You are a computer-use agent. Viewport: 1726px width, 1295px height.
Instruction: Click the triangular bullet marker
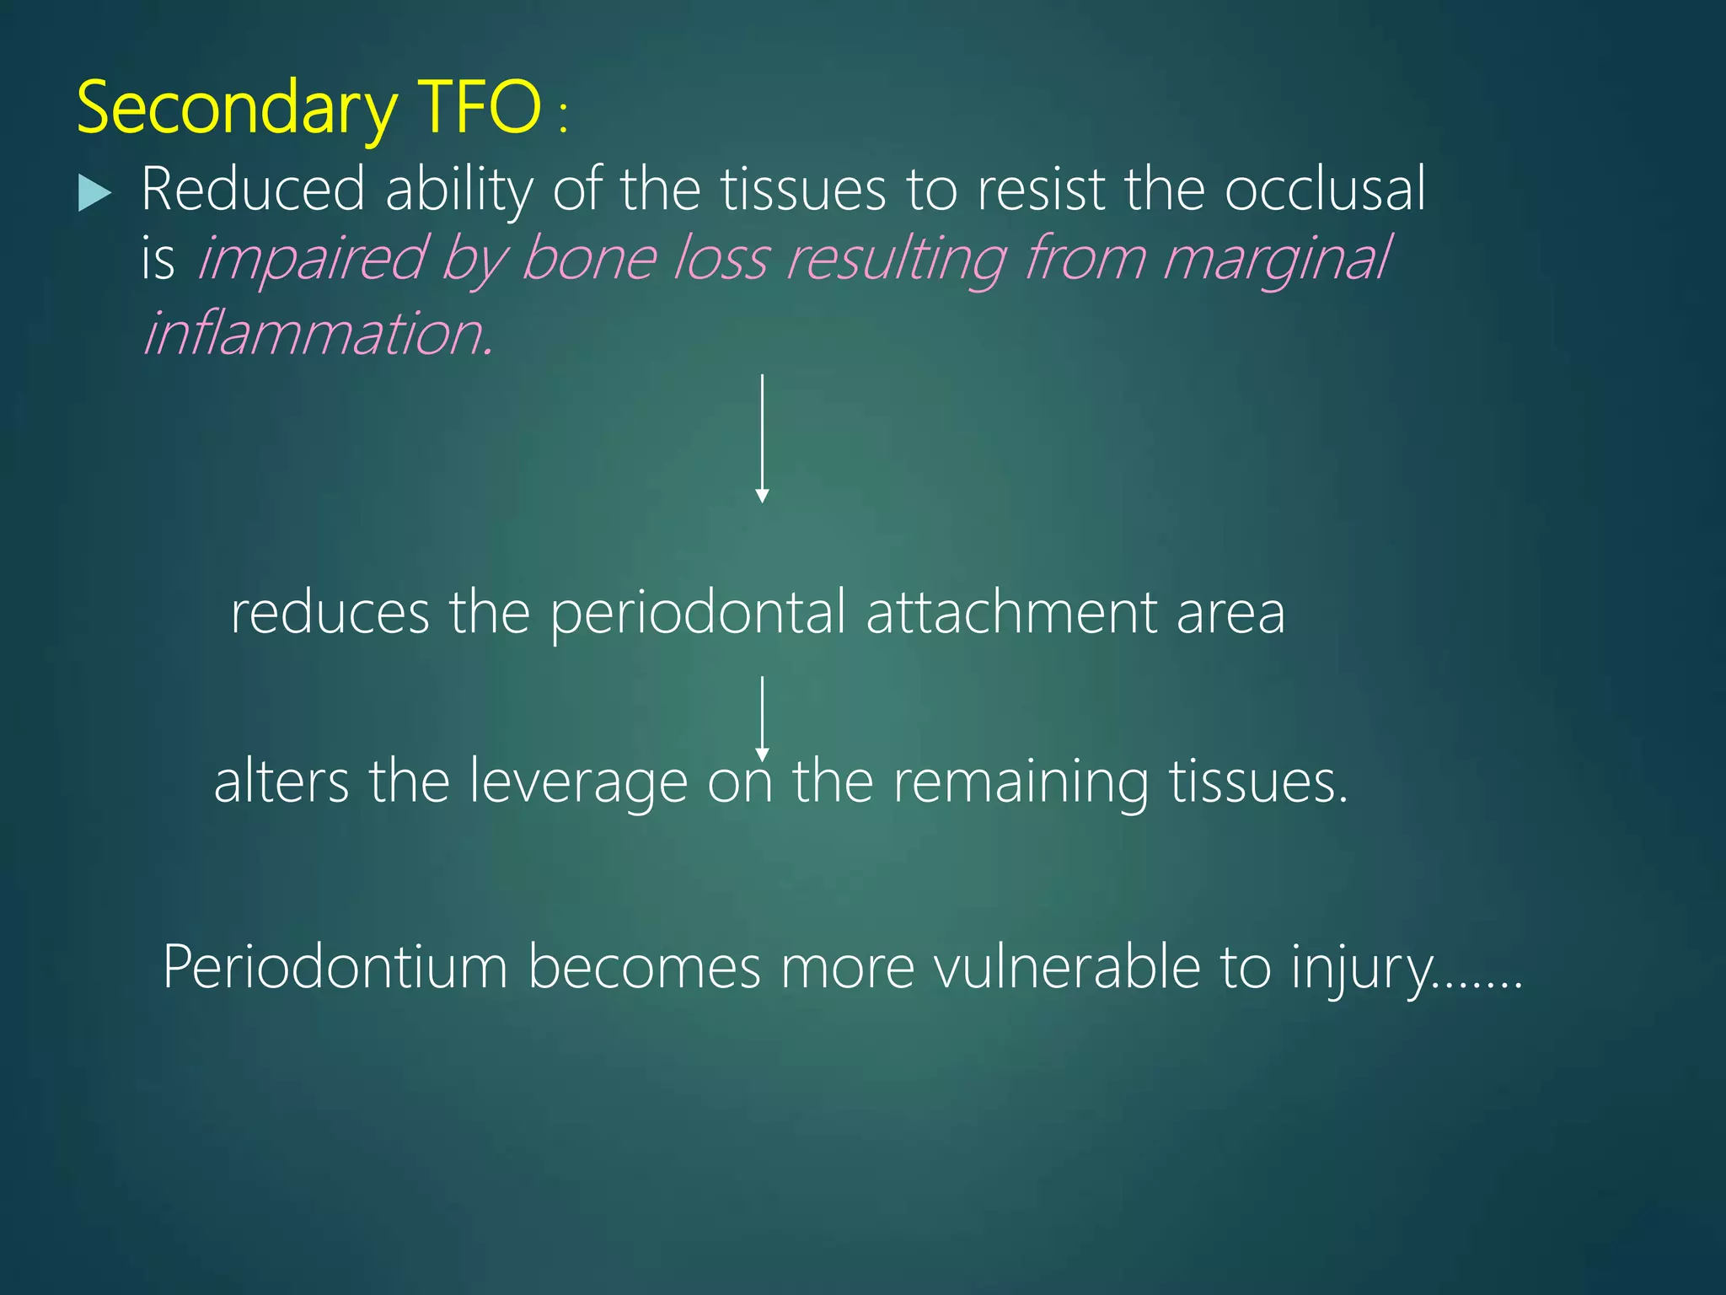94,193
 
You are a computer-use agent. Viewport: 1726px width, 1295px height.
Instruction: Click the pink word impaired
311,260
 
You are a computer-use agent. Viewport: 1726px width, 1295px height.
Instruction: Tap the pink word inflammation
316,334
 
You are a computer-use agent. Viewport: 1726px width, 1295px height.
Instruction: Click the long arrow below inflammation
762,438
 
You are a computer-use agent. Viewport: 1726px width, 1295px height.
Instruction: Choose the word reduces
330,614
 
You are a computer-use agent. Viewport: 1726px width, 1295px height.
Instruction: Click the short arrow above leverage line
762,717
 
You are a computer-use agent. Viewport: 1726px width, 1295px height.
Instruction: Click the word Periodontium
335,968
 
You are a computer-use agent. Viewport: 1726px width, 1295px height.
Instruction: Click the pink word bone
589,258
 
